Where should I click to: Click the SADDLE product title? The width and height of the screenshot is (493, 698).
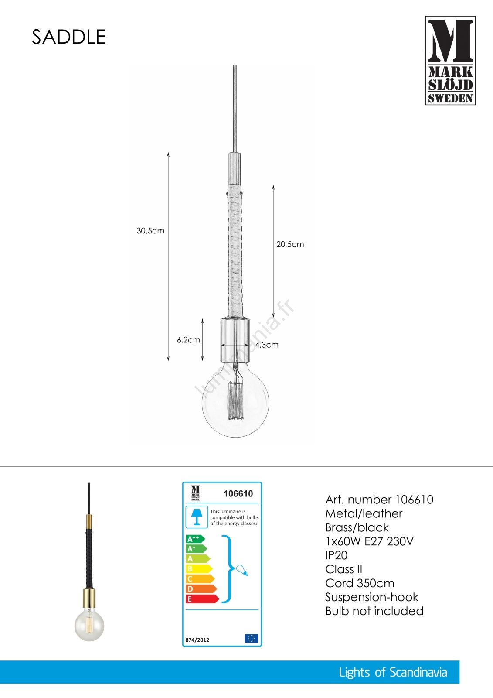click(x=69, y=37)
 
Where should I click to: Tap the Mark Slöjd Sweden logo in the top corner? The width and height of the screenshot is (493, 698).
click(x=450, y=61)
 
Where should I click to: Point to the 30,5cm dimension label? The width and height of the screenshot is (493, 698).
click(x=150, y=231)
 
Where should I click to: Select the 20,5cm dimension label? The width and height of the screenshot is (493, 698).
click(x=290, y=244)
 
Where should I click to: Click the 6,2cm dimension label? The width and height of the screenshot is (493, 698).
click(x=188, y=340)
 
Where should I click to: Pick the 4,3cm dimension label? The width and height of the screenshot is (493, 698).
click(x=267, y=345)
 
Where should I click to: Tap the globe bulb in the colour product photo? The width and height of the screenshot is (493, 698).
click(x=89, y=625)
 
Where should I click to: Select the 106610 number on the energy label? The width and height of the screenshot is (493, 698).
click(x=238, y=494)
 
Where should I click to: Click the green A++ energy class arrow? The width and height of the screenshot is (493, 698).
click(x=194, y=539)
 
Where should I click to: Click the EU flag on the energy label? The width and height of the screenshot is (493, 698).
click(x=251, y=639)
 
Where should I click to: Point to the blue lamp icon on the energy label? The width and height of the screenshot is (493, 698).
click(x=197, y=517)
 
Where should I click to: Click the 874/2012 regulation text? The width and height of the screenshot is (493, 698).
click(x=197, y=640)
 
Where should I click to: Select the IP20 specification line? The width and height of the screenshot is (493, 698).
click(x=336, y=555)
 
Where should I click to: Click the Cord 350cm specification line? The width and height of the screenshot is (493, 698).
click(x=360, y=583)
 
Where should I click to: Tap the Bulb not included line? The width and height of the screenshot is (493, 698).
click(x=374, y=611)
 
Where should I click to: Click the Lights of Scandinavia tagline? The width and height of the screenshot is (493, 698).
click(x=393, y=672)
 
